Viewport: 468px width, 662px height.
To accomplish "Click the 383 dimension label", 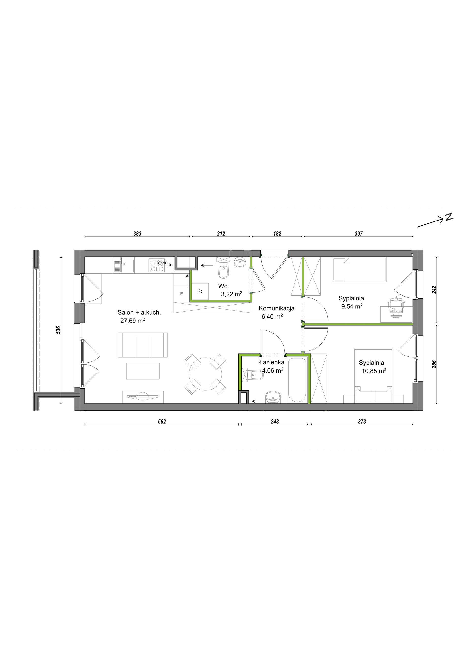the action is point(137,234).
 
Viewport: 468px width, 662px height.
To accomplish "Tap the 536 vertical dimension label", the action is point(58,330).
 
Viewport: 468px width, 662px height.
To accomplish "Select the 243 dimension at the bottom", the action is point(275,422).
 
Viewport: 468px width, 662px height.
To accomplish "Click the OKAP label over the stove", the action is point(162,263).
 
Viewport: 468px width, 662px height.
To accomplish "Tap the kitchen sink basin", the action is point(127,266).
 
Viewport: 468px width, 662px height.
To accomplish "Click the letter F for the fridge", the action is point(181,294).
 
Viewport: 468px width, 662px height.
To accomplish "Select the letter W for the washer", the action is point(200,291).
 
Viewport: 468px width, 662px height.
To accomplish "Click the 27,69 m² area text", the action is point(133,320).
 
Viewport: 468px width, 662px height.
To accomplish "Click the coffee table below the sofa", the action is point(143,371).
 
